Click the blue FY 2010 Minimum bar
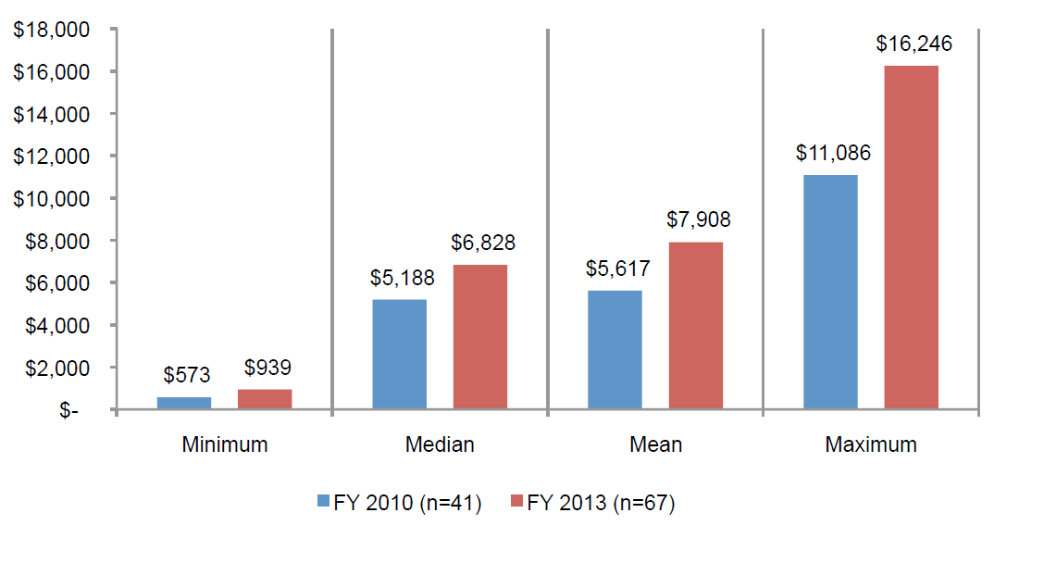pyautogui.click(x=184, y=403)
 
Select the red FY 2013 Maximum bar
pyautogui.click(x=911, y=237)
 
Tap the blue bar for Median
pyautogui.click(x=399, y=354)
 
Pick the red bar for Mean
pyautogui.click(x=696, y=325)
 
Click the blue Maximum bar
pyautogui.click(x=830, y=292)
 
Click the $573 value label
pyautogui.click(x=187, y=375)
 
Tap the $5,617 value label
pyautogui.click(x=617, y=269)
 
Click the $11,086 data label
pyautogui.click(x=833, y=153)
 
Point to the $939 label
pyautogui.click(x=267, y=369)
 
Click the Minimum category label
pyautogui.click(x=225, y=444)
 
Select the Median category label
pyautogui.click(x=440, y=444)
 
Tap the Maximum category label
pyautogui.click(x=870, y=444)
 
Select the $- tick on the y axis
pyautogui.click(x=69, y=410)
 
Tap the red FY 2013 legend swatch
pyautogui.click(x=516, y=502)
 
